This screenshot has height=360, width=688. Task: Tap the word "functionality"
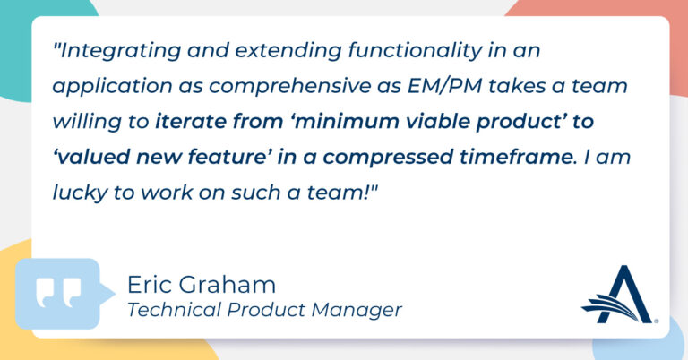point(415,50)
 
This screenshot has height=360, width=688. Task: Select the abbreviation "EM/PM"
point(444,86)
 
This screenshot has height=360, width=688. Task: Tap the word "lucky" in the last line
point(80,193)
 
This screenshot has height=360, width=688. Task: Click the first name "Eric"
point(150,285)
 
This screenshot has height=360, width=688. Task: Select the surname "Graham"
point(228,285)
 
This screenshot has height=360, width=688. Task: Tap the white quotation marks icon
point(59,292)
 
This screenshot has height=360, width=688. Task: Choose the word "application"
point(112,87)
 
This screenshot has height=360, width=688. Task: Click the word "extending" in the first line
point(288,51)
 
